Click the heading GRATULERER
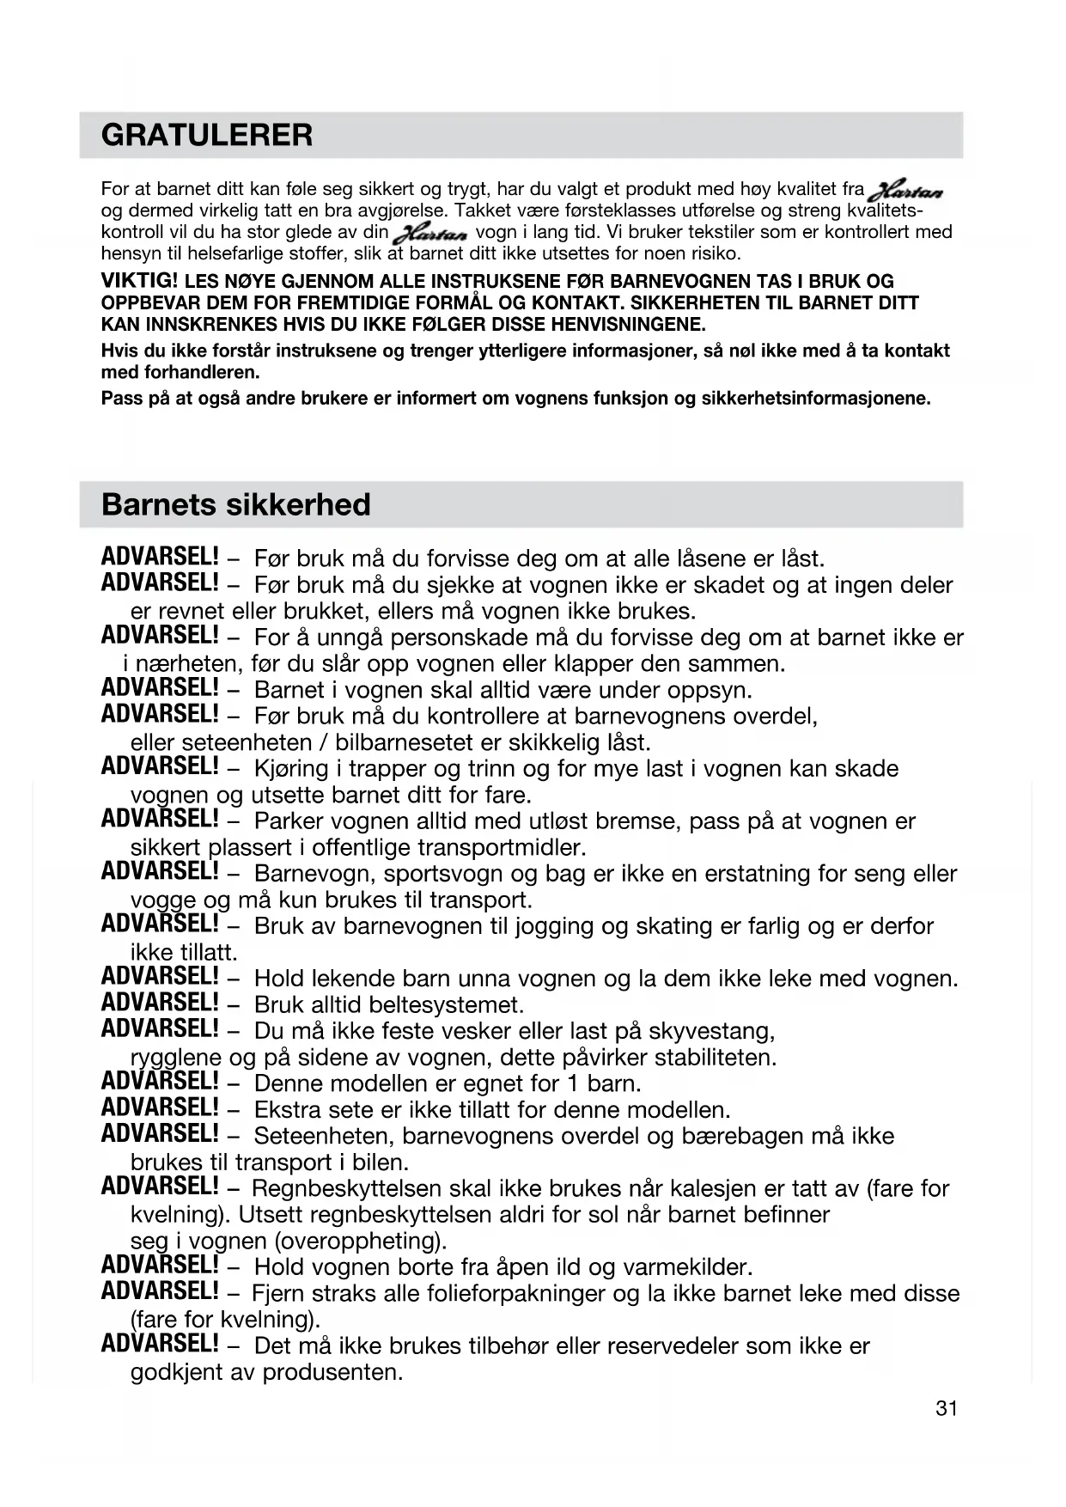point(207,135)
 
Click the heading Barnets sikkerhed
point(235,504)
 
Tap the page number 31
point(946,1408)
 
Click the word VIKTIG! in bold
point(139,281)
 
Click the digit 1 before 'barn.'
point(573,1083)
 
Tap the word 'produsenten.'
point(332,1372)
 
